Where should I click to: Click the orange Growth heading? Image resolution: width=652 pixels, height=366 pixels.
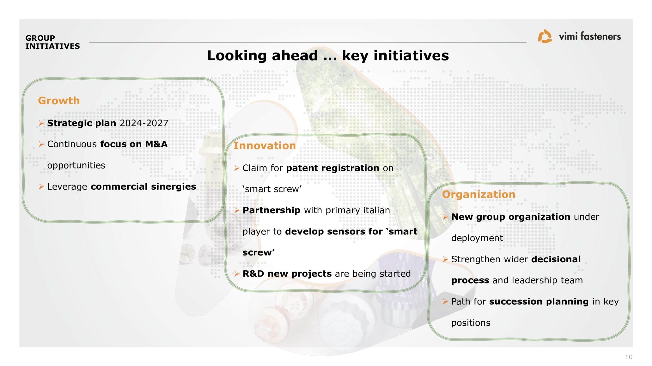(59, 101)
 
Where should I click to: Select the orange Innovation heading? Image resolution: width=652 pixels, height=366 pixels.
(265, 146)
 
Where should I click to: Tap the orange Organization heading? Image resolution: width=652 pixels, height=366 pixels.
(479, 195)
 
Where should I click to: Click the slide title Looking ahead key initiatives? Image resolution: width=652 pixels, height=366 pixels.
(328, 56)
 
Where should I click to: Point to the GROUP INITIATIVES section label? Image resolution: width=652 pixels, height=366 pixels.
(52, 42)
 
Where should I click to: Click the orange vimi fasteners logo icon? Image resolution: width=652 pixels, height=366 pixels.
(545, 36)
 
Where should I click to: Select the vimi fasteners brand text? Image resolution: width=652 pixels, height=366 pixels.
(590, 36)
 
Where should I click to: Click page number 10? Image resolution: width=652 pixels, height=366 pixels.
(629, 357)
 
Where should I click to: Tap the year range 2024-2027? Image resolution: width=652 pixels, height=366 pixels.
(144, 123)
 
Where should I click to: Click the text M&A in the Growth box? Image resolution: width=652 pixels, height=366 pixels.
(156, 144)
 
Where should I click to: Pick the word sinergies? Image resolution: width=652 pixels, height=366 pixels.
(173, 187)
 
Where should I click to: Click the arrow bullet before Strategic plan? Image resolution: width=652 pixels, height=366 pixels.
(41, 123)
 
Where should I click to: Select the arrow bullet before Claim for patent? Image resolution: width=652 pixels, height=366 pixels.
(237, 168)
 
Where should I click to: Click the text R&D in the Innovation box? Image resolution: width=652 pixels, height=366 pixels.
(253, 274)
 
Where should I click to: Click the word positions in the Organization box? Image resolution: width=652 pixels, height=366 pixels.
(471, 323)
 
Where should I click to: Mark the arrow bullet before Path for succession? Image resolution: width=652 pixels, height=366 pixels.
(445, 301)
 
